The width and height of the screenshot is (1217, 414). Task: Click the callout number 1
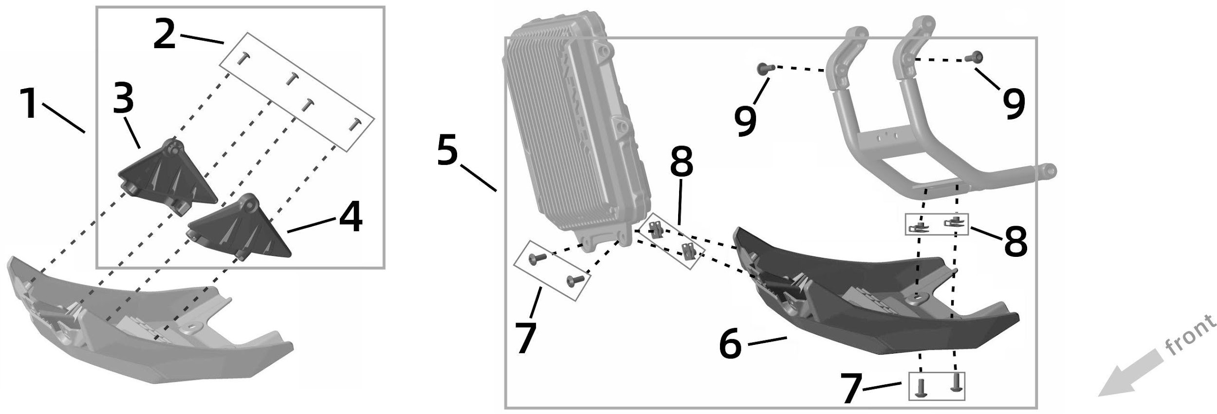tap(31, 103)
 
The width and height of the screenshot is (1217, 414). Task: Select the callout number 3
tap(124, 98)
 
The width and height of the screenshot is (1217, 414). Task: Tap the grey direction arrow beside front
tap(1125, 375)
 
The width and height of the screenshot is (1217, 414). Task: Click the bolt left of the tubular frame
tap(763, 69)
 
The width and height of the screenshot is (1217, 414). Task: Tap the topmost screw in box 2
tap(242, 59)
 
